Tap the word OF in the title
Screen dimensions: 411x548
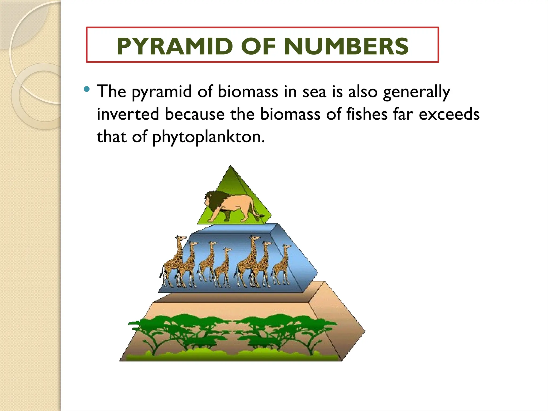click(x=258, y=46)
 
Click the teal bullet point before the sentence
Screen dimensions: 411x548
click(x=86, y=89)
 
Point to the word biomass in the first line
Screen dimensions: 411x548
click(x=248, y=92)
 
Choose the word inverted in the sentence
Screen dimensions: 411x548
click(x=128, y=114)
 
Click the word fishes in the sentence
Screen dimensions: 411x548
click(x=367, y=114)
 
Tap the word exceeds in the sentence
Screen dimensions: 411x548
click(x=449, y=114)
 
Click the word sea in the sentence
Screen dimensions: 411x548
click(x=314, y=92)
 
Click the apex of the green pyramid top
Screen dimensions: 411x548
click(x=230, y=166)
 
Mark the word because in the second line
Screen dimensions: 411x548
click(x=195, y=114)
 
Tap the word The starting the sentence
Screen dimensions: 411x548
click(x=111, y=92)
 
